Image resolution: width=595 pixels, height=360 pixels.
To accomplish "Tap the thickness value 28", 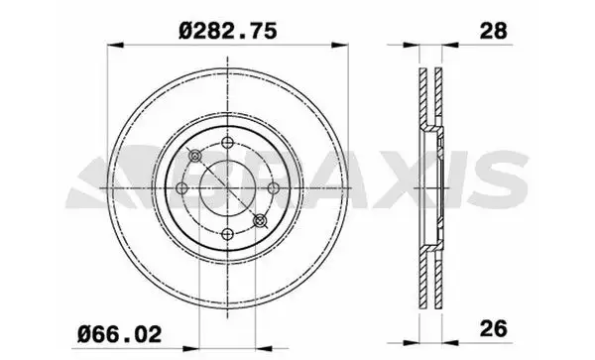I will pos(493,31).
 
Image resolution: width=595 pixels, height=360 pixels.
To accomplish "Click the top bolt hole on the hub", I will pos(227,143).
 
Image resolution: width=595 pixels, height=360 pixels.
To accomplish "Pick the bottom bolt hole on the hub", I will pos(227,233).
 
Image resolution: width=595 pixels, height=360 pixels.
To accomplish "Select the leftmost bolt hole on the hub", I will pos(182,188).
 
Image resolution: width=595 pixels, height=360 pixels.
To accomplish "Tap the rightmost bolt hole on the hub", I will pos(272,188).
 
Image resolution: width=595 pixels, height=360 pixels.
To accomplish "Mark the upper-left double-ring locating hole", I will pos(195,157).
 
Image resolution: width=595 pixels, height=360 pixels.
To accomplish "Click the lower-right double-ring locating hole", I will pos(260,220).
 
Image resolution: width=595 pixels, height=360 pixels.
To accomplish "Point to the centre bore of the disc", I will pos(227,188).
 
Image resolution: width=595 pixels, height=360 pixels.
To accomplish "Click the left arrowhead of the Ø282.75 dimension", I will pos(112,45).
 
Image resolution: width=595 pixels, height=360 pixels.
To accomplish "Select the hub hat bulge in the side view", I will pos(436,188).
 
